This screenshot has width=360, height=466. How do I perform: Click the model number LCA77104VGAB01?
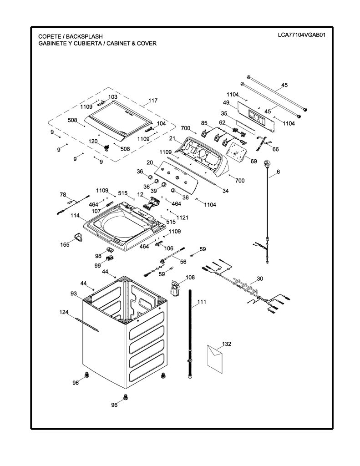tap(301, 35)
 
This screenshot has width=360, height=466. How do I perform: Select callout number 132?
tap(227, 344)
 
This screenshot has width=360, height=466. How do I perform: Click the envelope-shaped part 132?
tap(215, 359)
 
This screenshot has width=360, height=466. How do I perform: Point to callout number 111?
tap(202, 302)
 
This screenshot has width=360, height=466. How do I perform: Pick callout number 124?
tap(64, 312)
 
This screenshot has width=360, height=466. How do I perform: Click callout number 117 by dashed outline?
tap(153, 101)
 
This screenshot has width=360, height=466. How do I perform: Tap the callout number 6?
tap(278, 172)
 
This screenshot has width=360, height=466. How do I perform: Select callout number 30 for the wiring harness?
tap(260, 279)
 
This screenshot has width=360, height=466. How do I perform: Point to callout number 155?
tap(65, 244)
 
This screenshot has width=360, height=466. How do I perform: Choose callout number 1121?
tap(182, 218)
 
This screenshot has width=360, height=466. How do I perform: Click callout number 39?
tap(153, 191)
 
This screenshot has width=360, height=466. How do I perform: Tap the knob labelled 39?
tap(163, 186)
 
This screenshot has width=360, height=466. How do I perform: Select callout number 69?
tap(254, 162)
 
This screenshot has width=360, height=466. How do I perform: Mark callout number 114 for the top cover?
tap(75, 215)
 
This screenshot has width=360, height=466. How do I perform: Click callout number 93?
tap(74, 294)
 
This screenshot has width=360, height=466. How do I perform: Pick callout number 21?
tap(172, 138)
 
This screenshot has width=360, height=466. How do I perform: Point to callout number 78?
tap(63, 195)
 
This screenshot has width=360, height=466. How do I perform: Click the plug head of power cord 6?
tap(267, 163)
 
